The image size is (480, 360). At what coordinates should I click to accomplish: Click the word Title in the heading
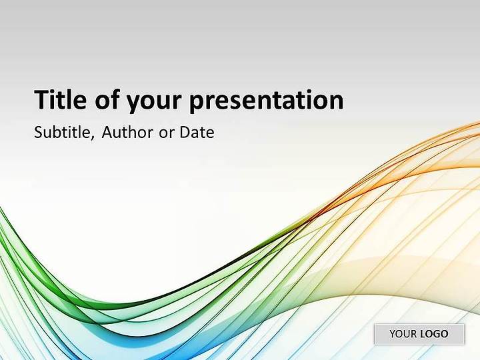60,99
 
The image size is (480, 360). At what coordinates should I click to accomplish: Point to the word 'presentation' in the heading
266,101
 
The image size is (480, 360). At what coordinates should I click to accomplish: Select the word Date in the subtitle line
197,132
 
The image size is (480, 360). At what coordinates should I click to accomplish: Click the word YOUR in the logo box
403,334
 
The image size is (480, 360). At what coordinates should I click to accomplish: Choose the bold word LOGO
435,334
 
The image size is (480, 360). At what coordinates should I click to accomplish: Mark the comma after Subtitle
93,137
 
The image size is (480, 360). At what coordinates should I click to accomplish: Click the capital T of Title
41,99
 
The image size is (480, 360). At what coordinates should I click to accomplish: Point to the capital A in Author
107,132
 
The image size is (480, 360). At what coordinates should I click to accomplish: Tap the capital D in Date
185,132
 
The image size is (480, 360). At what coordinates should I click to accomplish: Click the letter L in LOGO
423,334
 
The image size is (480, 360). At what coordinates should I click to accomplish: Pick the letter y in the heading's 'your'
133,105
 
